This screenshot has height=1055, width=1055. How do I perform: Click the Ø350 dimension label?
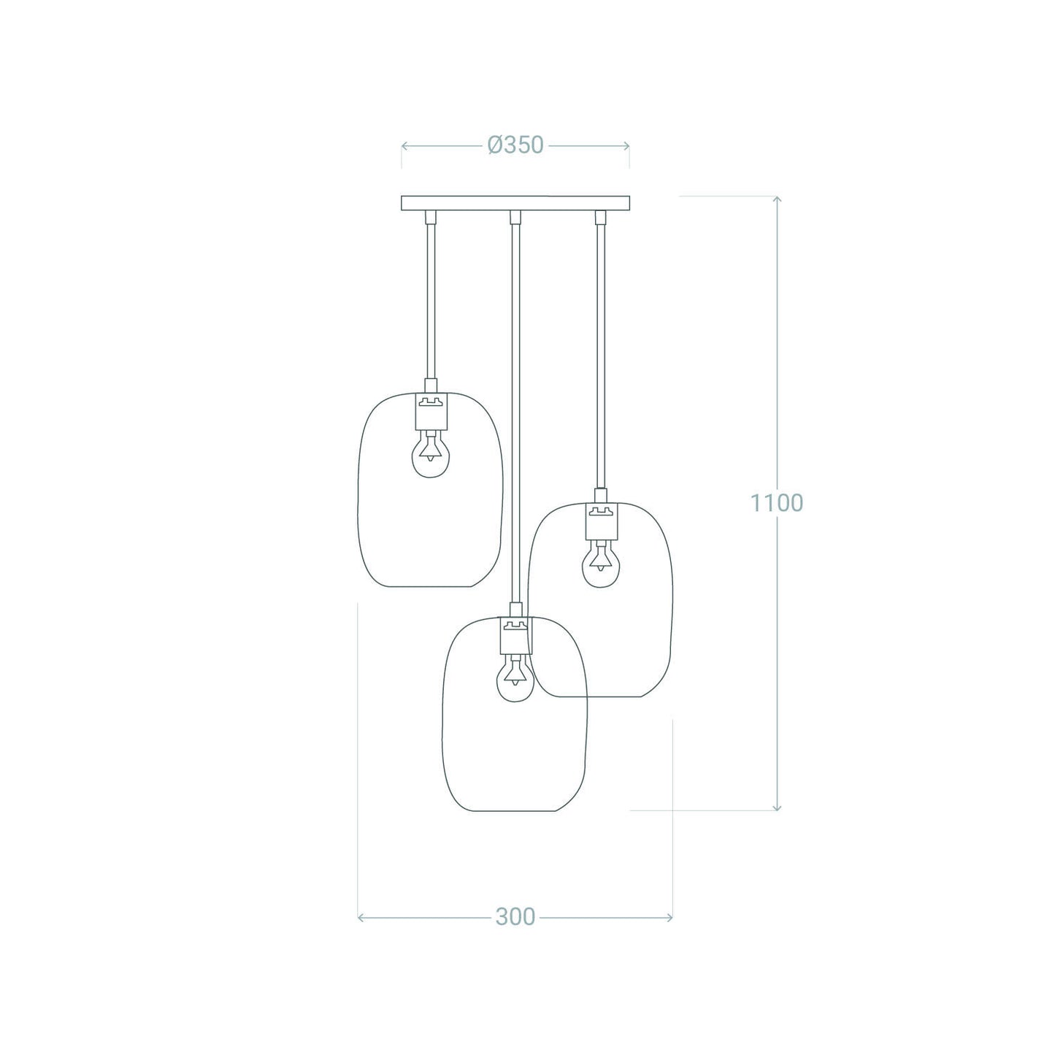(x=515, y=145)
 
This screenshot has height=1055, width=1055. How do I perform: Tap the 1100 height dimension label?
(x=776, y=502)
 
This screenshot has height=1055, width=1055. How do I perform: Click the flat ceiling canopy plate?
(x=515, y=203)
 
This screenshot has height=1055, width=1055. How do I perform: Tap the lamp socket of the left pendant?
(x=431, y=411)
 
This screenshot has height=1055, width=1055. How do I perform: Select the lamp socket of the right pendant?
(x=601, y=522)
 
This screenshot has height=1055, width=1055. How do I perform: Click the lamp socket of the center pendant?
(x=515, y=636)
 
